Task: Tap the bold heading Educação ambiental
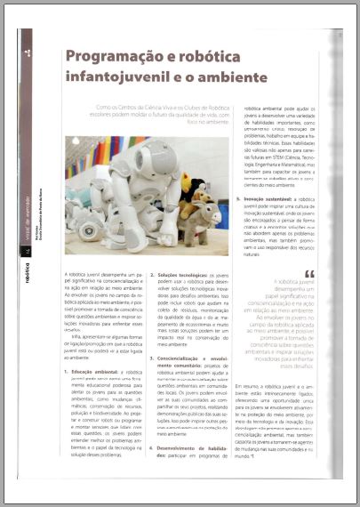coord(97,371)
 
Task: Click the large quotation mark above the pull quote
coord(308,275)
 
